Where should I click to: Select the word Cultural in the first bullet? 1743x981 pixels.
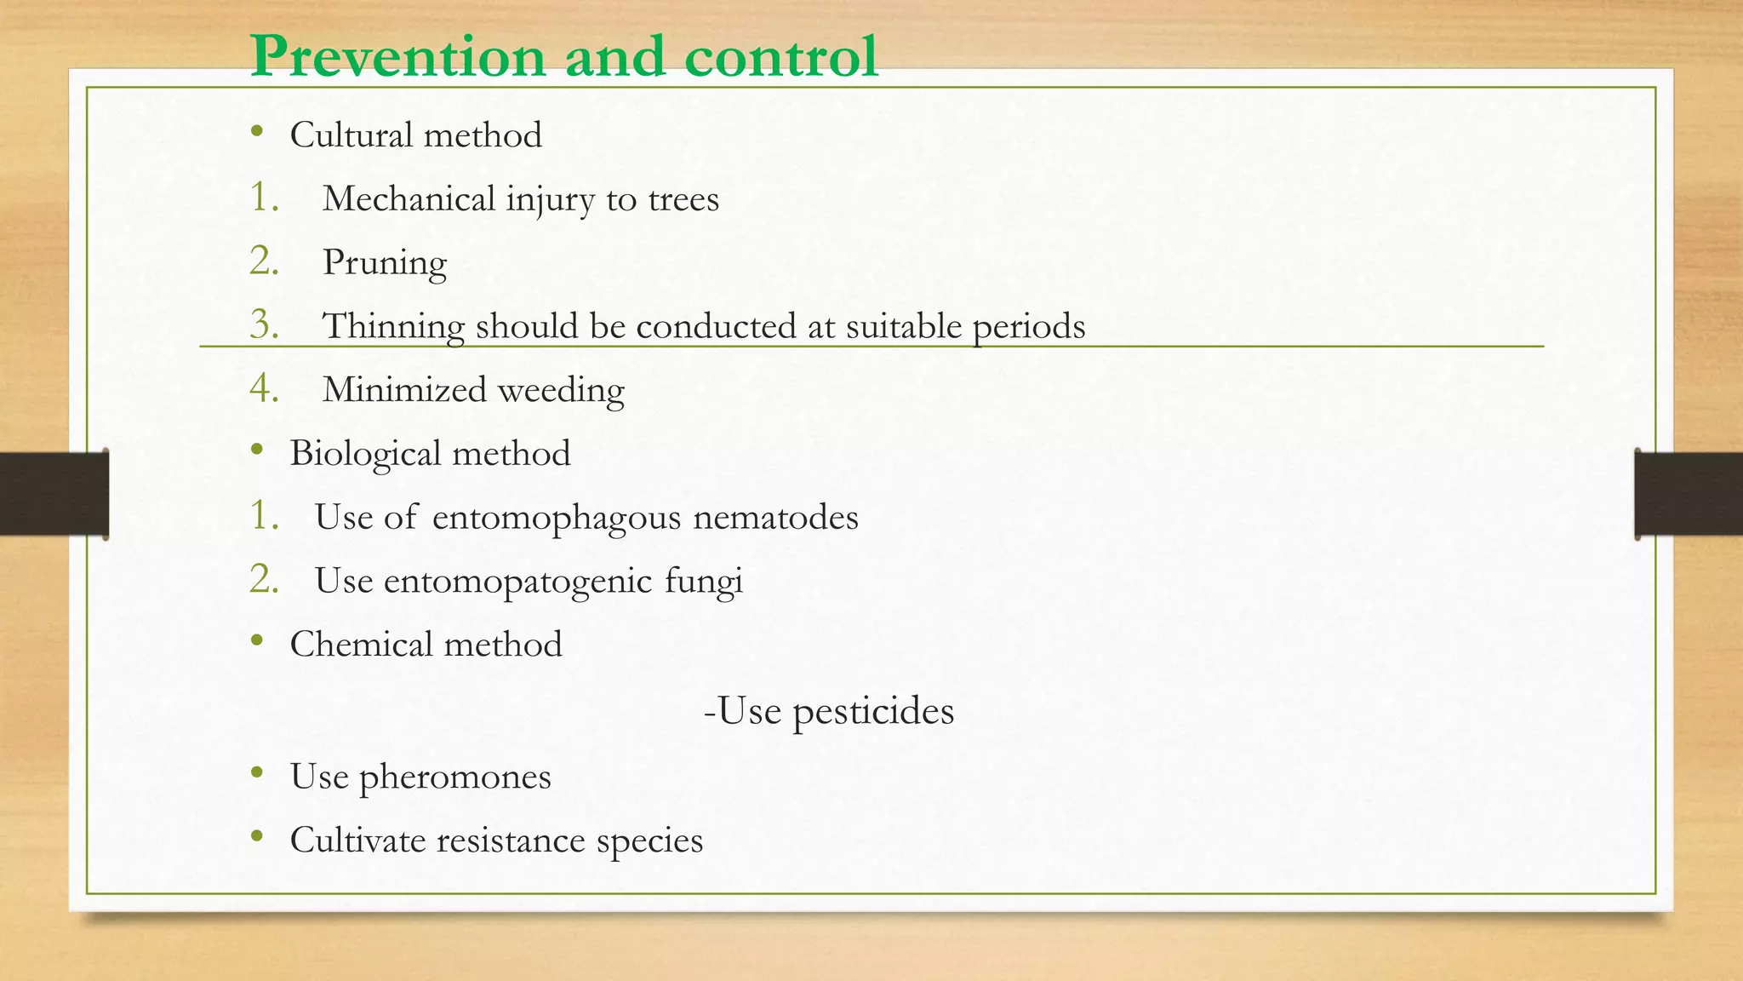[351, 135]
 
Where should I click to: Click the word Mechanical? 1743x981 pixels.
[409, 199]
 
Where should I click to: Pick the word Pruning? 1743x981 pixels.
[385, 263]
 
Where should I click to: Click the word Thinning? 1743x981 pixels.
[393, 326]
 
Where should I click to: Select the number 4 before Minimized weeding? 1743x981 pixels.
[264, 388]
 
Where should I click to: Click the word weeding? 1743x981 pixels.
[561, 391]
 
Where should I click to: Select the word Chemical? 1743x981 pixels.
[361, 645]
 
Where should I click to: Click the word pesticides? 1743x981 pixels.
[873, 711]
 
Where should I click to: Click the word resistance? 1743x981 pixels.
[511, 840]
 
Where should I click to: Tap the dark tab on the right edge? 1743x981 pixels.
[1689, 494]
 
